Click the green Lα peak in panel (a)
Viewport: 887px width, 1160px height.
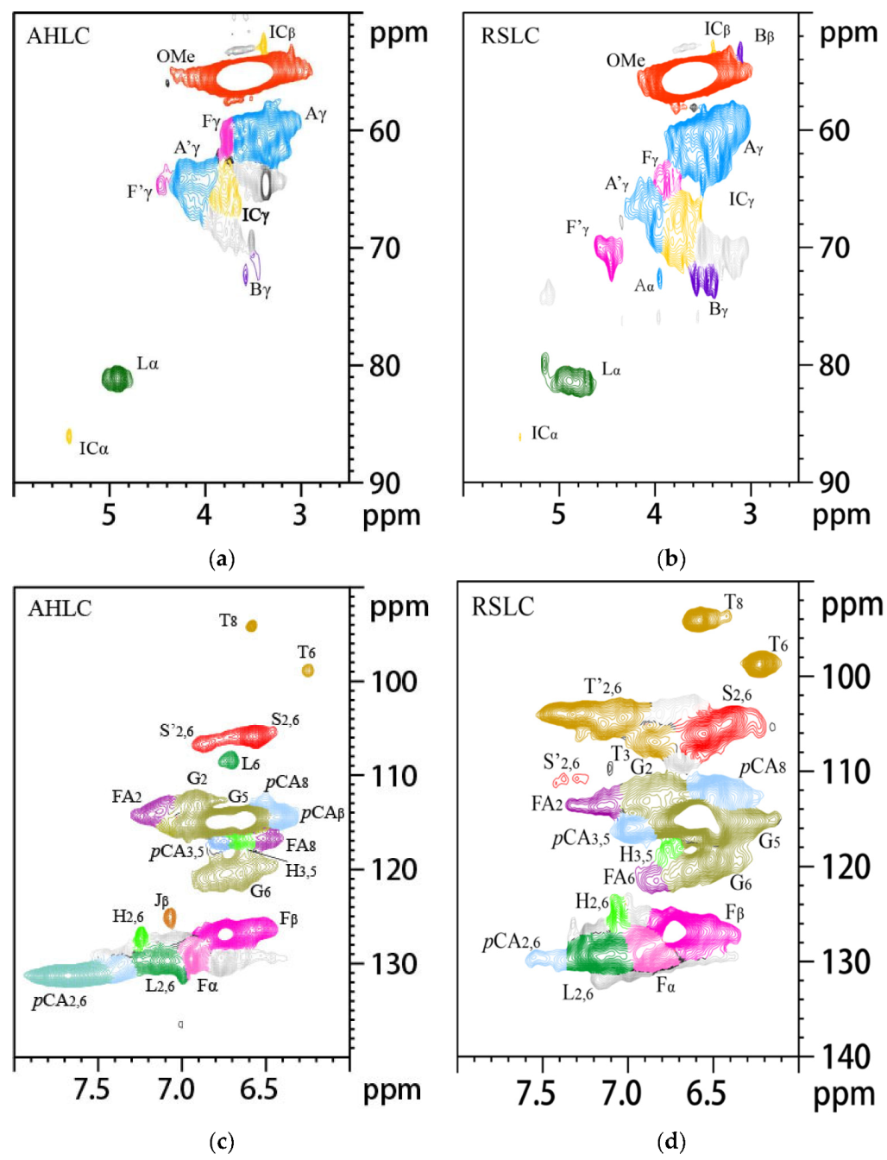(116, 377)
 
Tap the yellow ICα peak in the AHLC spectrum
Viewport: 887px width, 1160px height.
(69, 436)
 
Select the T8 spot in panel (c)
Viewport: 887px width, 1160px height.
(251, 626)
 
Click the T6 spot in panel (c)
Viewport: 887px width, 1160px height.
(307, 671)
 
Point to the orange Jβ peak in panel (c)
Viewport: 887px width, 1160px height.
(169, 917)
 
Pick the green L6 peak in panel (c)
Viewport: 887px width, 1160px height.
(229, 760)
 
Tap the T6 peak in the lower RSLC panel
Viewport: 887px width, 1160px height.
(761, 664)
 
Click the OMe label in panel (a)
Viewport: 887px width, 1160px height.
(175, 57)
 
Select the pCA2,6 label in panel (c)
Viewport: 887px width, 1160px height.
(60, 1001)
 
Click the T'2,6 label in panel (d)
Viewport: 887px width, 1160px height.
(603, 687)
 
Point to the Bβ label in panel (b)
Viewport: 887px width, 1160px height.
(764, 36)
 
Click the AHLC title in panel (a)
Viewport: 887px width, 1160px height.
(58, 36)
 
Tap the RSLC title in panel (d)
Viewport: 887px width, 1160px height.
(502, 607)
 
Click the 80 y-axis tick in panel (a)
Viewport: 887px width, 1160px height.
(385, 365)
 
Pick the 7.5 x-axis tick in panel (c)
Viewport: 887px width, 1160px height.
(92, 1089)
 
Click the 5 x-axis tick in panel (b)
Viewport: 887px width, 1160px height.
(558, 514)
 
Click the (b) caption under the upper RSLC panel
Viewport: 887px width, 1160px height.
(670, 559)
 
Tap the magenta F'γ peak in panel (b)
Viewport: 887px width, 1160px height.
(609, 251)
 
